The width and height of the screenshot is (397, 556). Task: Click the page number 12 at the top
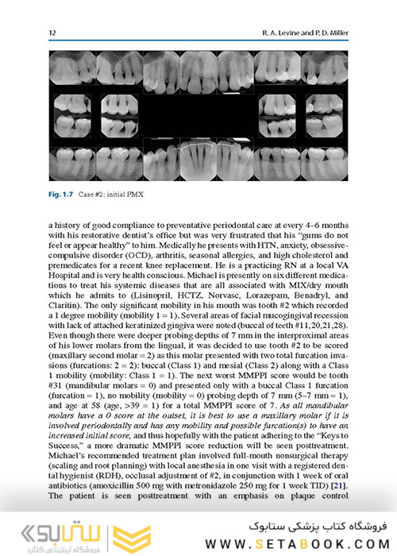[52, 33]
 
